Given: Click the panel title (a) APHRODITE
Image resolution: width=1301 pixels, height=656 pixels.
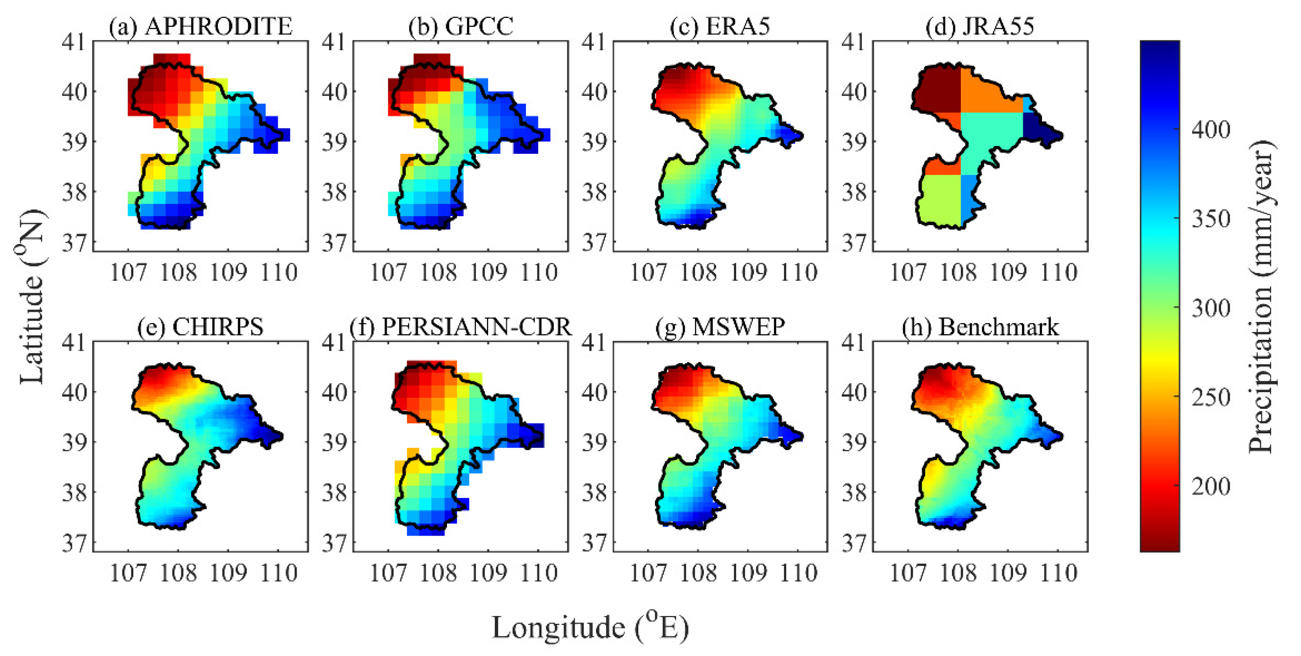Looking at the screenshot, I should coord(201,26).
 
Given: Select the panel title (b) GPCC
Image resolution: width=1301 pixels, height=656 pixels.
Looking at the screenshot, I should coord(460,26).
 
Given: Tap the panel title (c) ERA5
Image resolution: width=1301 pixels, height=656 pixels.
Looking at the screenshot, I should coord(720,26).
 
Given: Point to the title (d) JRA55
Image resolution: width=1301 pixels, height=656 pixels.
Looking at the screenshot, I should coord(980,26).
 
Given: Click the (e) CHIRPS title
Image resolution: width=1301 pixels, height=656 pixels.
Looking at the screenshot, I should coord(201,327).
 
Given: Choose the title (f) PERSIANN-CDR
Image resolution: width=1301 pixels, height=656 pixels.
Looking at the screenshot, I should coord(460,327).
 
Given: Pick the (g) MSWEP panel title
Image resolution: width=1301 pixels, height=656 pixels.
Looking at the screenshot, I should coord(720,327).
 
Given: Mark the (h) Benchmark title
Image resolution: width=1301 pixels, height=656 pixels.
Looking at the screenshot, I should coord(980,327).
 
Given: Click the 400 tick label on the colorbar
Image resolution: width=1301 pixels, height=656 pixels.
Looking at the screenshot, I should coord(1210,130).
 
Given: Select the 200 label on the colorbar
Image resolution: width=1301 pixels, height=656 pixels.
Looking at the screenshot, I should coord(1210,486).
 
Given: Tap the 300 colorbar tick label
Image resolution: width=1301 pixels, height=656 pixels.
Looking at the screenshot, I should coord(1210,308).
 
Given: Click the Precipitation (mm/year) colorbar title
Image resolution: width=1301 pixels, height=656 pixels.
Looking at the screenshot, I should coord(1261,297).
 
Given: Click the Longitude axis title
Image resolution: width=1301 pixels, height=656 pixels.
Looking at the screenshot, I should coord(590,628).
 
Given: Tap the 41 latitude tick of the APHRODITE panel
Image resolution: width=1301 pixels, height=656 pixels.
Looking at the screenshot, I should coord(74,42).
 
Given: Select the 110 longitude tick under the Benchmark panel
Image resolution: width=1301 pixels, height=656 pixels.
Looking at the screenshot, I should coord(1059,573).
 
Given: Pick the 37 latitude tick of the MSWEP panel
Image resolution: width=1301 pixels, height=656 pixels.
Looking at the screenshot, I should coord(594,543).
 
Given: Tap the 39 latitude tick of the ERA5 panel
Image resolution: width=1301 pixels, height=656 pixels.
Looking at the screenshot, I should coord(594,142).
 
